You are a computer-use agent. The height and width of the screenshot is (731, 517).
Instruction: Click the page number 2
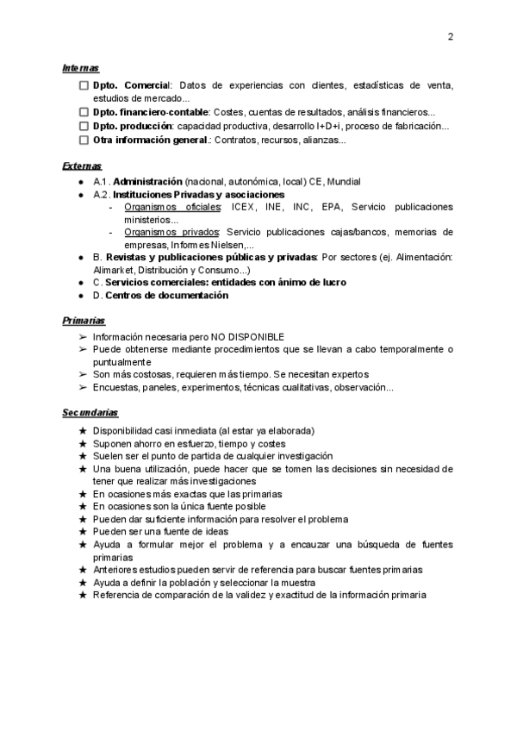coord(451,36)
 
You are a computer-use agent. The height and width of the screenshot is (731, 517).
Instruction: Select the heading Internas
coord(80,67)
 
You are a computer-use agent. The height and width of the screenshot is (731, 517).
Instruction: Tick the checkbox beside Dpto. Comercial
coord(83,85)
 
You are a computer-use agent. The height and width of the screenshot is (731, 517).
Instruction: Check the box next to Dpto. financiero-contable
coord(83,112)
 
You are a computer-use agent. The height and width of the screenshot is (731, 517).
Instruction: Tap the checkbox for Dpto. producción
coord(83,126)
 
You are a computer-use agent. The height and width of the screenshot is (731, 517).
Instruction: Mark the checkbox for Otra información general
coord(83,140)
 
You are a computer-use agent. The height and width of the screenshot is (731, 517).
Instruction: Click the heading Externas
coord(82,166)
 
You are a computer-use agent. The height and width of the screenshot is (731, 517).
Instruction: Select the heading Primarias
coord(83,321)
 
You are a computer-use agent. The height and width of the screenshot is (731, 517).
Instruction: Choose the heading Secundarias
coord(90,413)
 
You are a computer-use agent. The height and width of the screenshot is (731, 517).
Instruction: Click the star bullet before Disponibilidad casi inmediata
coord(82,430)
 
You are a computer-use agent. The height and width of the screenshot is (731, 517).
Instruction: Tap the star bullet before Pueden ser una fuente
coord(82,532)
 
